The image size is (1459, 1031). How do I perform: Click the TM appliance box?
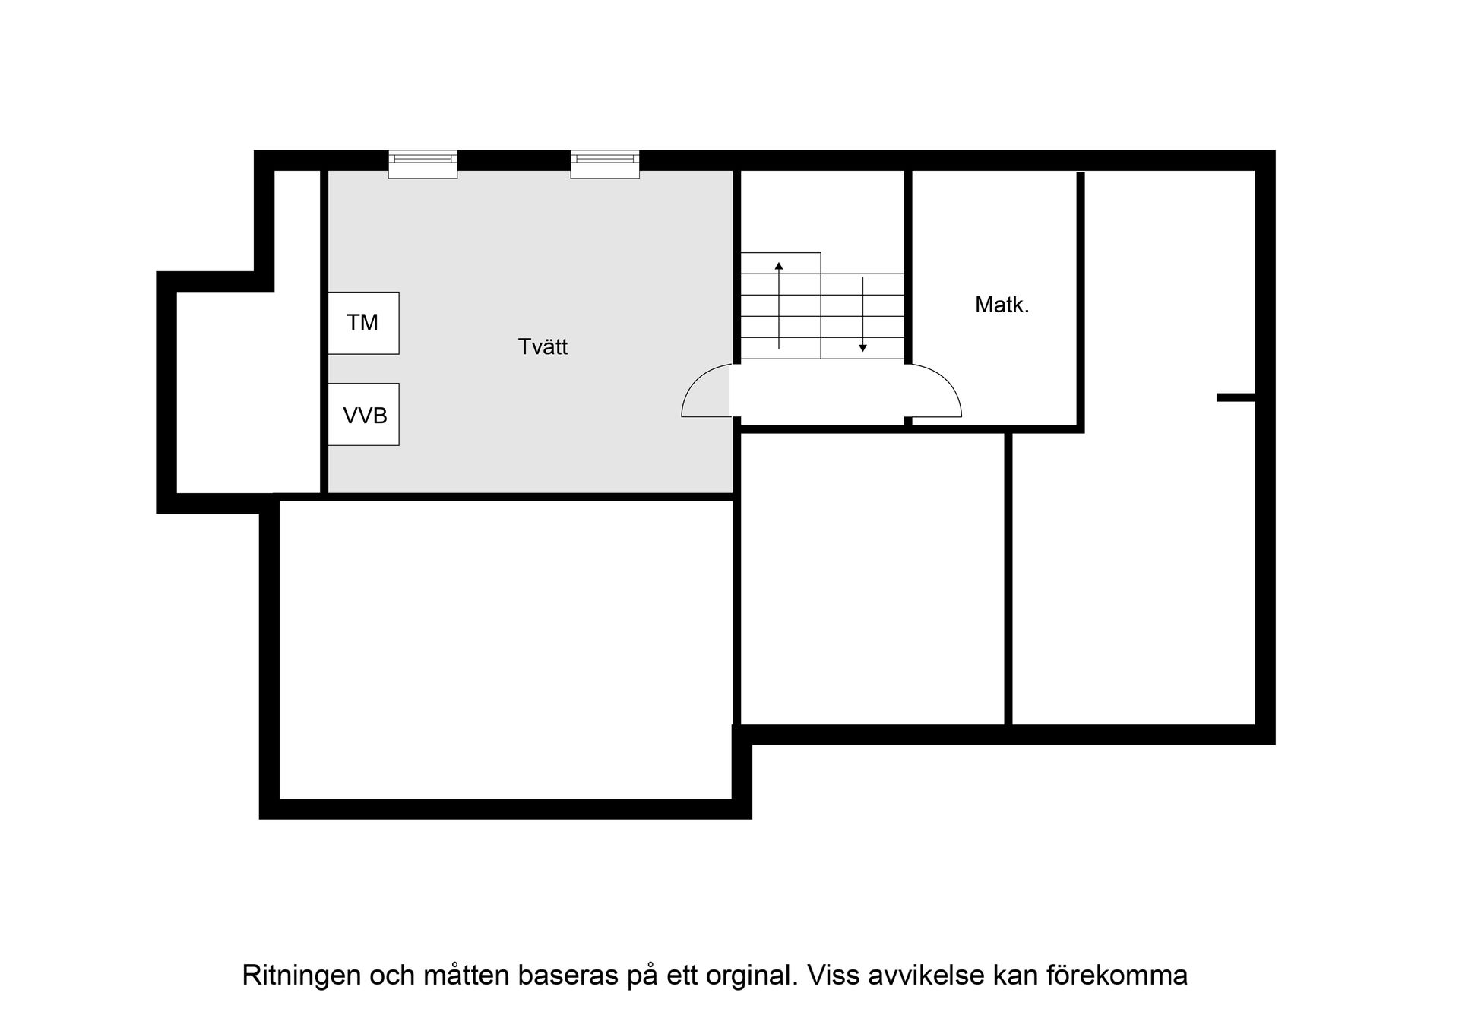[x=363, y=323]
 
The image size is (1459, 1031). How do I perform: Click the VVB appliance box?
[x=363, y=415]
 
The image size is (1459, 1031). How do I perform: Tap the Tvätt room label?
[x=543, y=347]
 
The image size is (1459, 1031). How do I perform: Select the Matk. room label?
[x=1002, y=305]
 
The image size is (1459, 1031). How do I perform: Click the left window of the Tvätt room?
[x=423, y=163]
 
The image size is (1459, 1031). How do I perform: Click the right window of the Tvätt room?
[x=605, y=163]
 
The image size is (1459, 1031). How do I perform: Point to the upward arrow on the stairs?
[x=779, y=304]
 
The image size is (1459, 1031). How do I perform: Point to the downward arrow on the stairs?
[x=862, y=315]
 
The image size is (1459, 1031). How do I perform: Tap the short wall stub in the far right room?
[x=1235, y=397]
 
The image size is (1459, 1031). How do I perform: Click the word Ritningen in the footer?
[x=301, y=975]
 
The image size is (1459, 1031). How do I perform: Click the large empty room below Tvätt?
[x=505, y=650]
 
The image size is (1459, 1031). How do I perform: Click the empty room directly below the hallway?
[x=872, y=577]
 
